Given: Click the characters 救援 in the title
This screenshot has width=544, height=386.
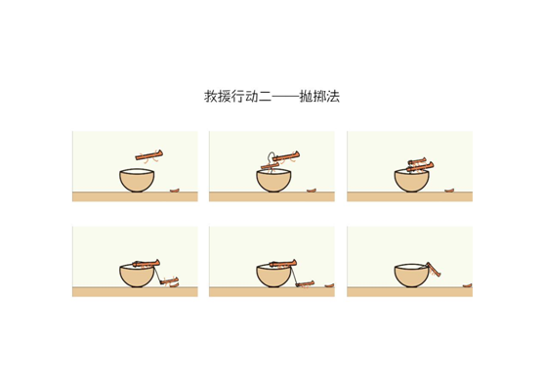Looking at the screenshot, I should tap(218, 97).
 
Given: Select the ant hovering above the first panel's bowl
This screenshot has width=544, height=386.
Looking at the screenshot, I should tap(149, 153).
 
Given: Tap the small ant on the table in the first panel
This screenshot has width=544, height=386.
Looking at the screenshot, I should tap(176, 192).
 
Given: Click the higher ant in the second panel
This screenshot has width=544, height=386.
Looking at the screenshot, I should tap(285, 154).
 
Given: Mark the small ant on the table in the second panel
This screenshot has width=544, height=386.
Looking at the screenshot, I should tap(313, 192).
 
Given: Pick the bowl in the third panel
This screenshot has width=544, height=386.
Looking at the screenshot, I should tap(412, 182).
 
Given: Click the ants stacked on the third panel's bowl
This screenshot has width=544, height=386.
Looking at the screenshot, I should tap(414, 165).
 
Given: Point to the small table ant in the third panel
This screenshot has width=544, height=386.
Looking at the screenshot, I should tap(450, 192).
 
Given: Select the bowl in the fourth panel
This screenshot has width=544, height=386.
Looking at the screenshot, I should tap(137, 277).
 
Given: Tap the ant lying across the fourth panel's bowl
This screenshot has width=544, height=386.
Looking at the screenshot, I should tap(146, 262).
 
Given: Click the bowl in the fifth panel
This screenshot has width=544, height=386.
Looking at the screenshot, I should tap(274, 277).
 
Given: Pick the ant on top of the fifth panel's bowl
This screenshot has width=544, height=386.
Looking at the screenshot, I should tap(283, 262).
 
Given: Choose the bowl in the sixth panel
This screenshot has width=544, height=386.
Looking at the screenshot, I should tap(412, 277).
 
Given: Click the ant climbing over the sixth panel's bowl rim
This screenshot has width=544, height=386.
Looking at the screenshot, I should tap(434, 266).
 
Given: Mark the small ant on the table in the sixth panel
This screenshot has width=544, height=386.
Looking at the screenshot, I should tap(468, 286).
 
